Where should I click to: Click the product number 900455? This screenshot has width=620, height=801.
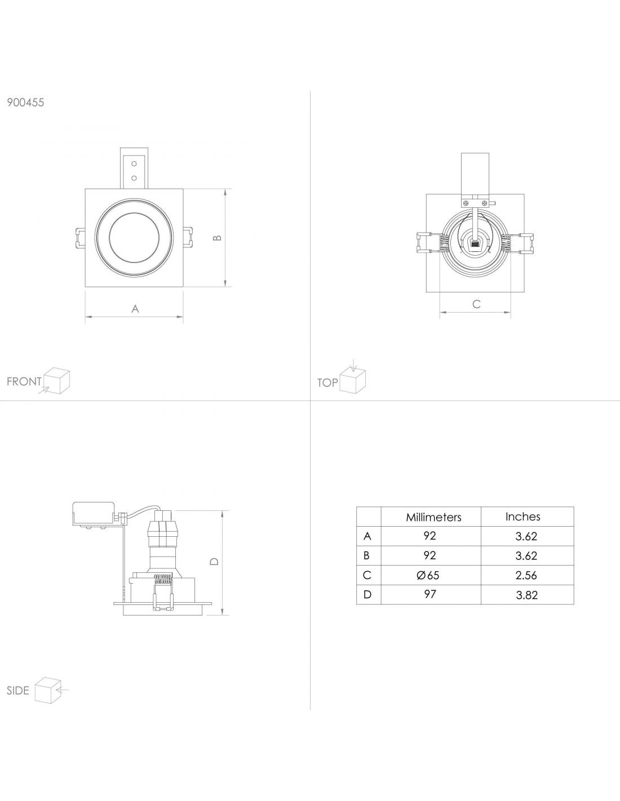tap(25, 103)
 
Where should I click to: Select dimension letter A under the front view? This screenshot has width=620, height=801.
tap(135, 309)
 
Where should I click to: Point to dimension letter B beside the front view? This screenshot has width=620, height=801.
tap(218, 238)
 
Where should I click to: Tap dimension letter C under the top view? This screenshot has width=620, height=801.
tap(476, 304)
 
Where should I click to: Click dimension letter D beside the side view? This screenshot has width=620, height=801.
tap(214, 561)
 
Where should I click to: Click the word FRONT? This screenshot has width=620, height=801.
tap(24, 381)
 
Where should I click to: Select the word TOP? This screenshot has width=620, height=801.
tap(327, 382)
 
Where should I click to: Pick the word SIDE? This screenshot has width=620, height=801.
tap(17, 691)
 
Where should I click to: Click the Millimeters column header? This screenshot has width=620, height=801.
tap(433, 517)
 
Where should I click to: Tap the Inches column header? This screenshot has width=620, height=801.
tap(522, 517)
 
